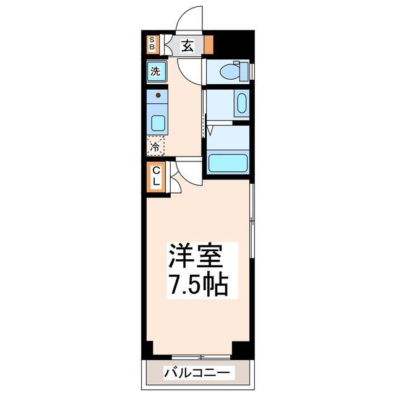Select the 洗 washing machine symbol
157,71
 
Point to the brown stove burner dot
159,95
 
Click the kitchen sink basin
158,122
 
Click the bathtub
228,163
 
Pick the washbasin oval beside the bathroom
241,103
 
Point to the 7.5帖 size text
198,284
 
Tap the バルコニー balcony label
198,373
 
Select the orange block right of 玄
209,45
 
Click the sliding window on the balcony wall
200,357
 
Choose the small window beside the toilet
253,71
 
